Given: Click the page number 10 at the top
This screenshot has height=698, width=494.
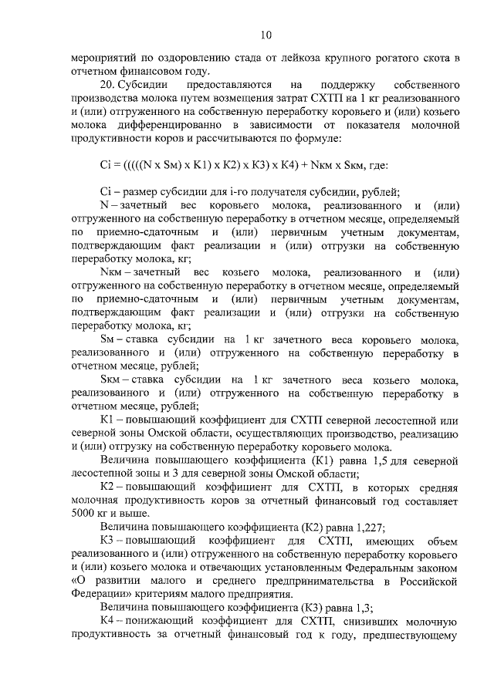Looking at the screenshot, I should pos(266,35).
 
